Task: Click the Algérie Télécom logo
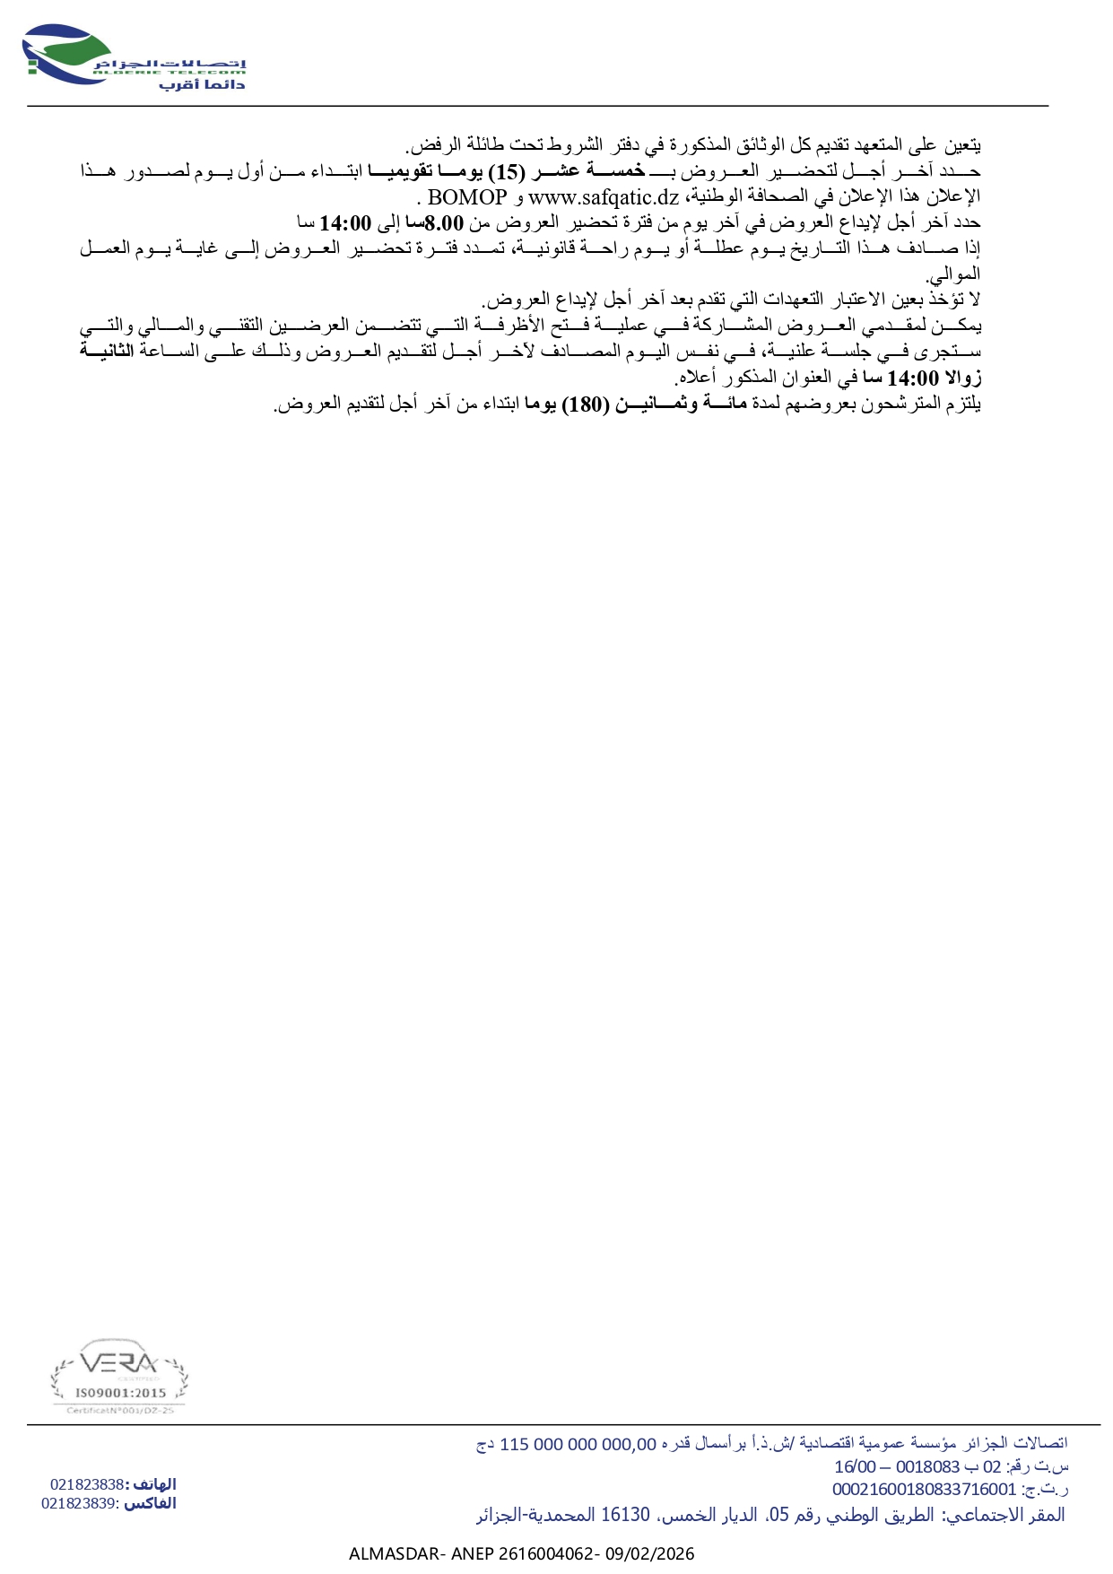[135, 57]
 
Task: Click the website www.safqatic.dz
[603, 196]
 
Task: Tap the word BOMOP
[467, 196]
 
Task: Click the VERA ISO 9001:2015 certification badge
[119, 1377]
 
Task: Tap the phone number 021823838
[87, 1484]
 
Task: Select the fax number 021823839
[79, 1503]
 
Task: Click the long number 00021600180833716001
[925, 1489]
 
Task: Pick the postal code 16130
[625, 1515]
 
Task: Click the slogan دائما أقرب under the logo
[202, 84]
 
